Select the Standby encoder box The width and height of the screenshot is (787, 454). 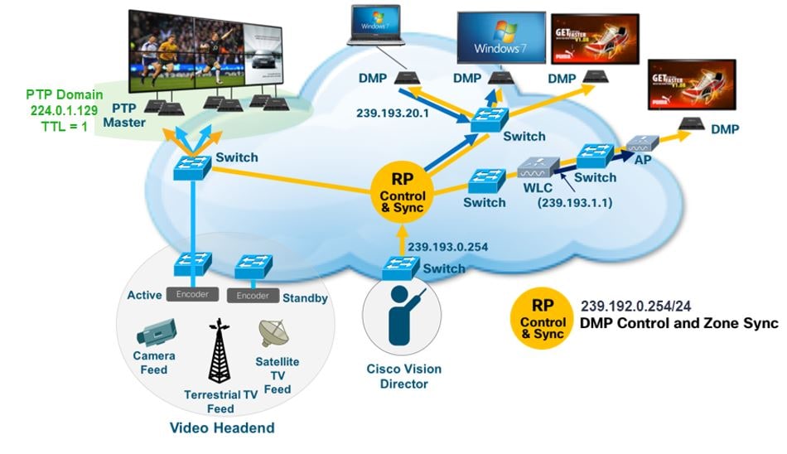[x=253, y=295]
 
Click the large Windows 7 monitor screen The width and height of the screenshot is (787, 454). [x=500, y=37]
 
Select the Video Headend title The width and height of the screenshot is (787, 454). [x=221, y=427]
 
